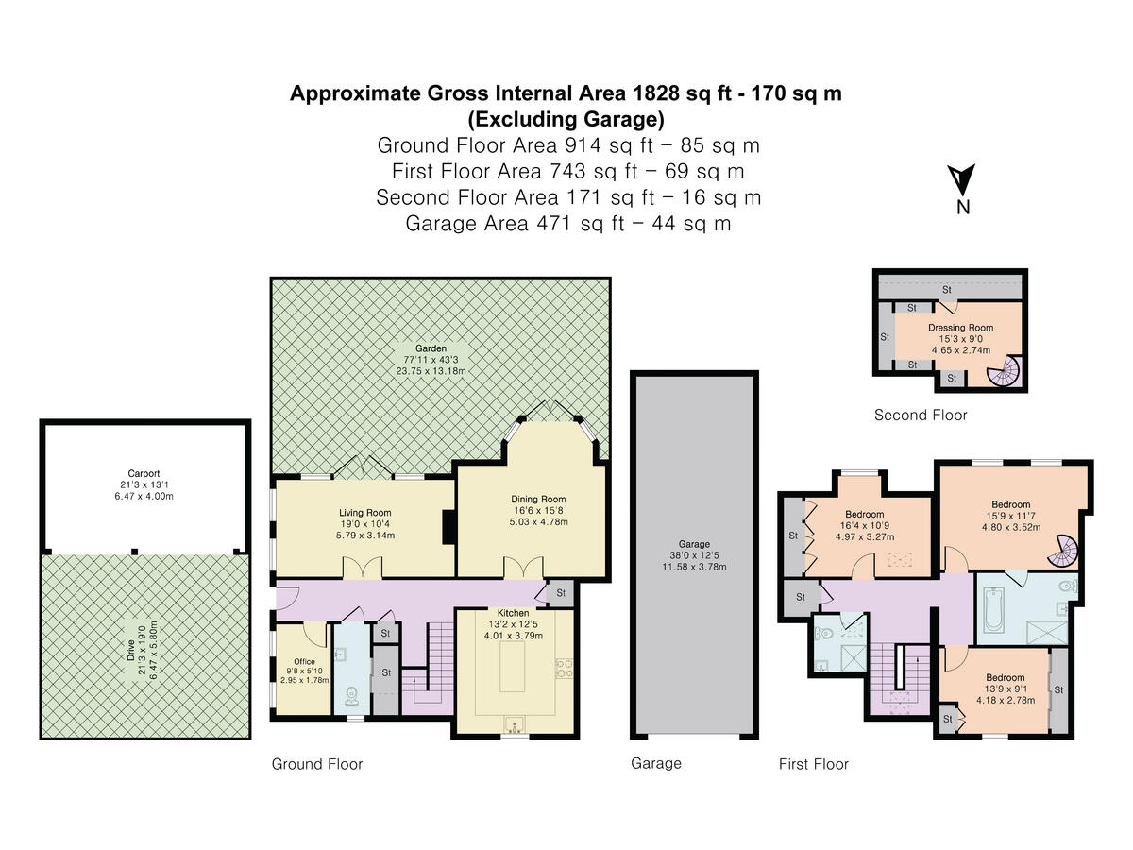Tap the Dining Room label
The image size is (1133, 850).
tap(538, 499)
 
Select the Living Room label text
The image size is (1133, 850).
tap(365, 513)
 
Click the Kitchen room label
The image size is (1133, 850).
tap(513, 613)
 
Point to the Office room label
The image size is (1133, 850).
tap(305, 662)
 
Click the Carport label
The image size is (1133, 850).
tap(144, 473)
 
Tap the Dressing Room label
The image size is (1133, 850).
tap(960, 327)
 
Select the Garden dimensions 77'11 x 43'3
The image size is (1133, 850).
tap(431, 360)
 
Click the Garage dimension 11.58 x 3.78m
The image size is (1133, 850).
tap(694, 567)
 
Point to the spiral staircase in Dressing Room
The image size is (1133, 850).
tap(1004, 370)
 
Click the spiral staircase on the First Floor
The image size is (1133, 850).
tap(1063, 551)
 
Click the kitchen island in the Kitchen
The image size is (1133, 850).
tap(513, 667)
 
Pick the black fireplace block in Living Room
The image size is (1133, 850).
tap(449, 526)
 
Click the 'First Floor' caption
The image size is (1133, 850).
tap(814, 764)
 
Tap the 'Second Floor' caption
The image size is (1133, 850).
tap(921, 415)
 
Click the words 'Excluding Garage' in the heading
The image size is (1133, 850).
tap(566, 119)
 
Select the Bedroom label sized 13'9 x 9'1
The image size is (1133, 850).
tap(1005, 677)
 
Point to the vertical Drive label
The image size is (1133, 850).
tap(130, 651)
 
